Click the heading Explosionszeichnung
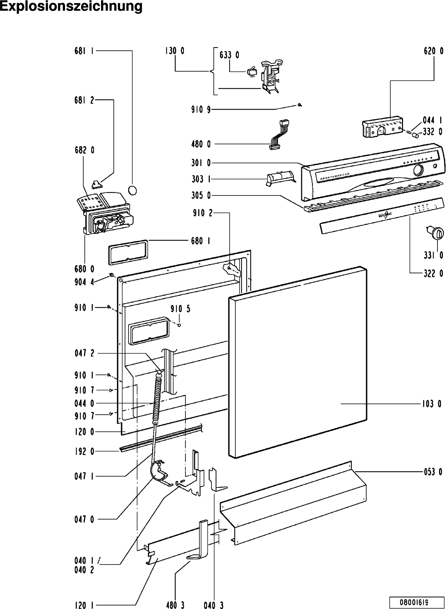[71, 7]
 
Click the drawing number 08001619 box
[417, 602]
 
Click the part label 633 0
[229, 55]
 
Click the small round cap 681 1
[132, 190]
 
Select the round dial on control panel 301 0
[419, 170]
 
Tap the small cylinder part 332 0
[415, 135]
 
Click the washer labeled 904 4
[111, 275]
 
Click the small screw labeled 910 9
[300, 105]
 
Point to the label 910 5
[180, 309]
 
